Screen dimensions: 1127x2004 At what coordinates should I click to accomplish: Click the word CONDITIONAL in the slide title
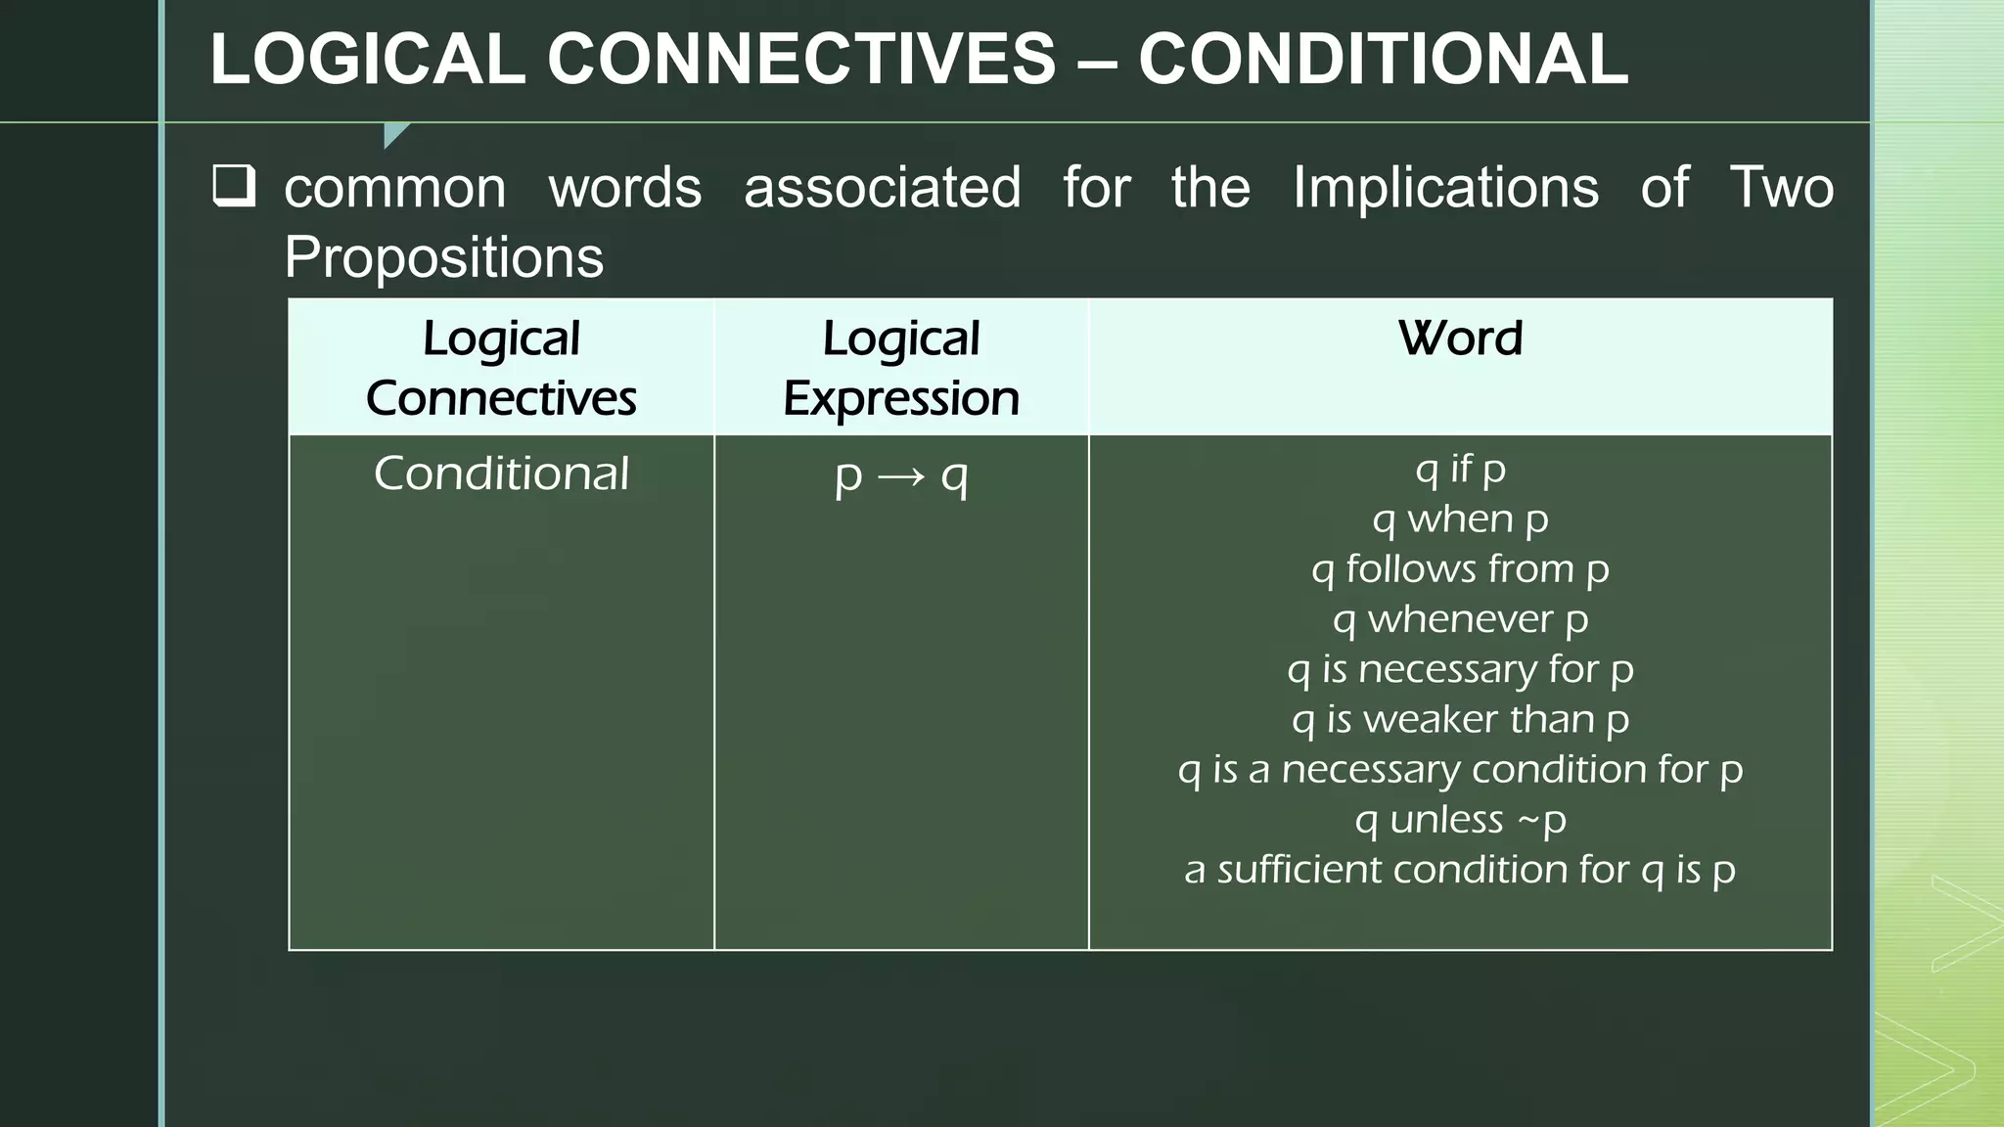(1383, 59)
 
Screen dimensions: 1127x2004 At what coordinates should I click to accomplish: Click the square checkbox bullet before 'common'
(234, 186)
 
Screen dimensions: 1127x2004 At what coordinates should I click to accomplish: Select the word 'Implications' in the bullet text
(1445, 187)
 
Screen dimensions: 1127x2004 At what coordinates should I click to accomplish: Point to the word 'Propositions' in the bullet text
(443, 257)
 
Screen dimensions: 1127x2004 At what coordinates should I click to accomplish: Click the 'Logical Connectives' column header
(501, 368)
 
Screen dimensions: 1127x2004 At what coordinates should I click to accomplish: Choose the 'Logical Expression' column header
(900, 368)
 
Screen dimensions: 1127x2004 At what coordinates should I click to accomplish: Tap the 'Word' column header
(1460, 338)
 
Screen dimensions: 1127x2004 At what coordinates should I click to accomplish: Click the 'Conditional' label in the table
(501, 474)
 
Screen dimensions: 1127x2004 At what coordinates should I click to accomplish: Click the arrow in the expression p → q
(900, 477)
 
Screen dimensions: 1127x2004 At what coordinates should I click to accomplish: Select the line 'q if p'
(1460, 469)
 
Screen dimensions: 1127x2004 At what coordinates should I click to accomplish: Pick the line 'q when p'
(1460, 519)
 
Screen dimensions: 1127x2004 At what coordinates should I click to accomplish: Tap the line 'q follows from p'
(1460, 569)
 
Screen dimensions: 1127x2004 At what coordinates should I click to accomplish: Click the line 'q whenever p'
(1460, 619)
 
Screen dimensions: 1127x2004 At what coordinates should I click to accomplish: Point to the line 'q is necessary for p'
(1460, 669)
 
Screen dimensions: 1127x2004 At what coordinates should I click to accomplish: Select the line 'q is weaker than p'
(1460, 720)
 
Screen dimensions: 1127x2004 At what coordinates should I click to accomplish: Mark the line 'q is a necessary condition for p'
(1460, 770)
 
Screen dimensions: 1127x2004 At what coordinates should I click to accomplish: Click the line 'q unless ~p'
(1460, 820)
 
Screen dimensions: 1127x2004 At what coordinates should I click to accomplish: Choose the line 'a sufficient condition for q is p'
(1460, 870)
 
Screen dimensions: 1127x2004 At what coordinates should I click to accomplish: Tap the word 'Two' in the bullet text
(1781, 187)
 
